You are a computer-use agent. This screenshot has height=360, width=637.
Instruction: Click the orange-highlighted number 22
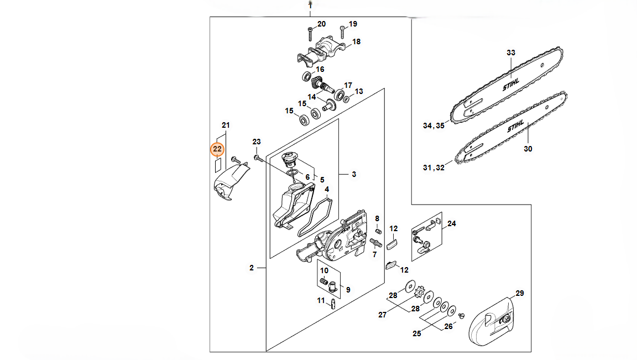pos(217,149)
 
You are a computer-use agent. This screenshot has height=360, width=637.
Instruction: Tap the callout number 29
pos(520,293)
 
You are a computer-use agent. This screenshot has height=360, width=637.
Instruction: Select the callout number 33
pos(511,53)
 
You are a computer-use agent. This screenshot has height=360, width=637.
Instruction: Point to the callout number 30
pos(528,149)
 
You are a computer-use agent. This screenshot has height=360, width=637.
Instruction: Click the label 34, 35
pos(434,126)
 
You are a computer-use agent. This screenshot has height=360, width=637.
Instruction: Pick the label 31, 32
pos(434,168)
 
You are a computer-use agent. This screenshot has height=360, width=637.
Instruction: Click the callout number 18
pos(356,41)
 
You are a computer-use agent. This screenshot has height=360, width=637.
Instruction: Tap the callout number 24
pos(451,223)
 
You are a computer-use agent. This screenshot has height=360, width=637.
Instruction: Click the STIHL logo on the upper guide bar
pos(511,85)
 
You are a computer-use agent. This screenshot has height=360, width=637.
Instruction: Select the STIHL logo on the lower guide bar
pos(515,127)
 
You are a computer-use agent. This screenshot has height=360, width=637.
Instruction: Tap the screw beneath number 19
pos(342,32)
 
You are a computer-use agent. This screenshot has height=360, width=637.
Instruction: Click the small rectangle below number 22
pos(217,165)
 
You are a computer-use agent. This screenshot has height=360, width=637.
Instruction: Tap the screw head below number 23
pos(257,157)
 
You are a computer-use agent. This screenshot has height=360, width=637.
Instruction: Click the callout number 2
pos(252,268)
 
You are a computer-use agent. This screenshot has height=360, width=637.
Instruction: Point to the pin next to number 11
pos(333,304)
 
